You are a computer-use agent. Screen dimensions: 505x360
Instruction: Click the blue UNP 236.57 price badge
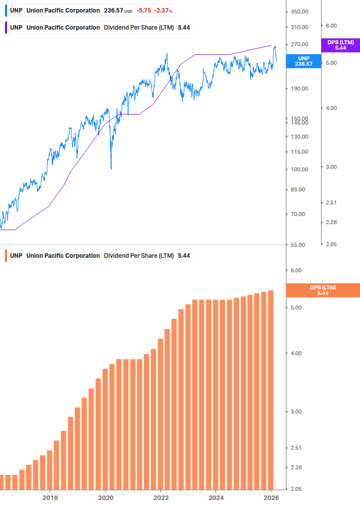click(x=303, y=61)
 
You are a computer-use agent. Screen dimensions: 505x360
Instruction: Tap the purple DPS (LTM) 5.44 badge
click(x=340, y=45)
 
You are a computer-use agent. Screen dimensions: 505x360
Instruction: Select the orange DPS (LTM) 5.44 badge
click(x=322, y=290)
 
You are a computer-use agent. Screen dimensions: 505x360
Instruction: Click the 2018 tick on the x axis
click(x=50, y=497)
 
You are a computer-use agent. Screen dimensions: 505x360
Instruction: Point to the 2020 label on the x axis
click(x=105, y=497)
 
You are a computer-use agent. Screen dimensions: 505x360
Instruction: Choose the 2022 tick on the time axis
click(x=160, y=497)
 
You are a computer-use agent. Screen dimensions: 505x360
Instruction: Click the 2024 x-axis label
click(x=215, y=497)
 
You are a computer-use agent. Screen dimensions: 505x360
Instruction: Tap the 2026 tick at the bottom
click(x=271, y=497)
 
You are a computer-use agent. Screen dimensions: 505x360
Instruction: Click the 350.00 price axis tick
click(x=299, y=12)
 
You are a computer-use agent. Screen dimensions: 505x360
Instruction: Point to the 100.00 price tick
click(x=299, y=169)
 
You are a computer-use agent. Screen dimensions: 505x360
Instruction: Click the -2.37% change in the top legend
click(x=164, y=11)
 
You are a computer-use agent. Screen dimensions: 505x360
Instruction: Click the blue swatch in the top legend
click(x=5, y=11)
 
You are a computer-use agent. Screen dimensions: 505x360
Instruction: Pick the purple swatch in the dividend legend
click(x=5, y=27)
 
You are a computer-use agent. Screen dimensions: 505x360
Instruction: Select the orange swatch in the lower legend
click(x=5, y=256)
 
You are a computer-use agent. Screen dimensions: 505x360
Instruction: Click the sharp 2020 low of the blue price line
click(x=111, y=168)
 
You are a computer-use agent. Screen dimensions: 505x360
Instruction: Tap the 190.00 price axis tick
click(x=299, y=88)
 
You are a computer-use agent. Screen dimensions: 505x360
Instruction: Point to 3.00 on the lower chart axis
click(x=297, y=412)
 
